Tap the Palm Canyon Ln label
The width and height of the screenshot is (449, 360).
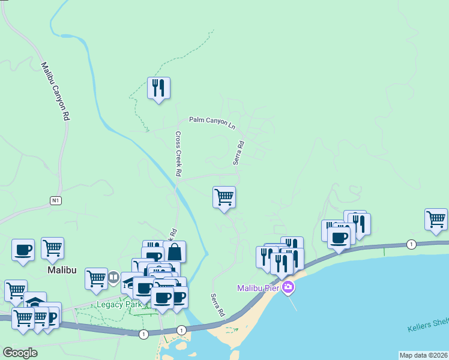click(212, 121)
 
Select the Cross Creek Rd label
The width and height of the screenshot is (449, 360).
click(178, 154)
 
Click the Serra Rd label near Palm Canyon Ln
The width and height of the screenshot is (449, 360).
click(239, 153)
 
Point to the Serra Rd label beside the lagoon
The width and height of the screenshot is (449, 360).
click(217, 305)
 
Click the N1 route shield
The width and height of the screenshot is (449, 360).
click(56, 199)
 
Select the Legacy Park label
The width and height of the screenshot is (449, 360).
click(119, 304)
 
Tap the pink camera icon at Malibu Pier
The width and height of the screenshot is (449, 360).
click(289, 287)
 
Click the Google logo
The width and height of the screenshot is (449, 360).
click(20, 352)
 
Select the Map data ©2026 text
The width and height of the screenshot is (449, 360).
click(423, 355)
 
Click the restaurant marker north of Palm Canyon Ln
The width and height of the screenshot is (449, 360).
click(158, 88)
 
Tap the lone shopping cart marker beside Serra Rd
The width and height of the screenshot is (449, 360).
click(224, 197)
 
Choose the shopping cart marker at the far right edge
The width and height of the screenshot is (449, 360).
click(436, 219)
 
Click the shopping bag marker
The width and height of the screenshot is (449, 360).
click(174, 251)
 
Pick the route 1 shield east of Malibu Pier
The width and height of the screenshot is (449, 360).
click(411, 244)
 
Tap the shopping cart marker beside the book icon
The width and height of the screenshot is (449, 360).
click(96, 278)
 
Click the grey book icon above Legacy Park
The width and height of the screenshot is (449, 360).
click(113, 278)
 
